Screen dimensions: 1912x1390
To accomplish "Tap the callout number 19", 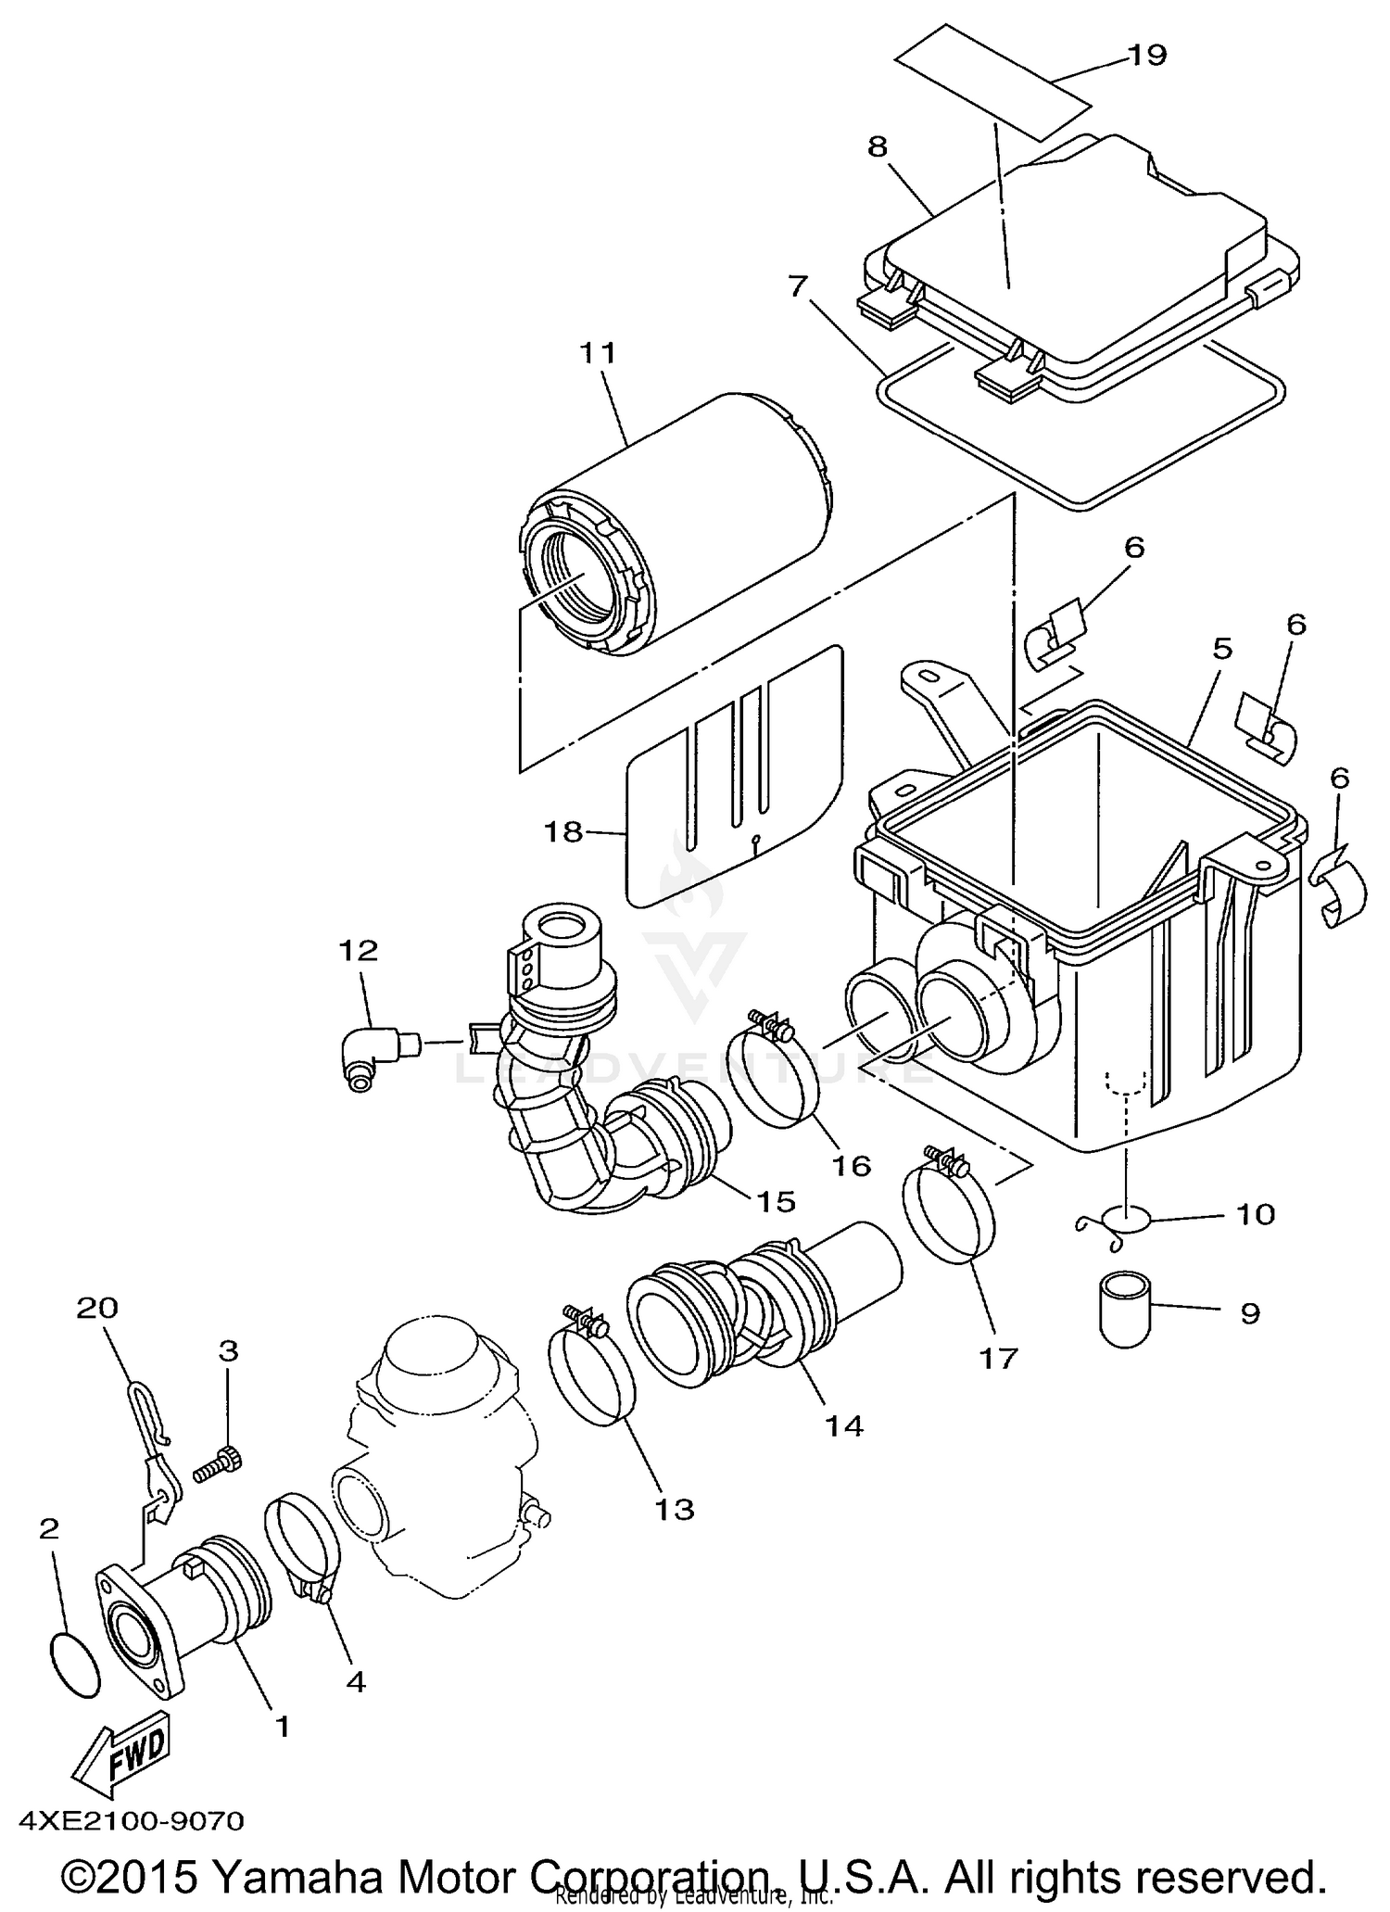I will click(x=1147, y=56).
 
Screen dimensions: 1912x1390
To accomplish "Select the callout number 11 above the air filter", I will click(x=598, y=353).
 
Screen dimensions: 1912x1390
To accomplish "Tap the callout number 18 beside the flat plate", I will click(x=563, y=831).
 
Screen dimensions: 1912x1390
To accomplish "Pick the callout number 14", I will click(x=845, y=1425).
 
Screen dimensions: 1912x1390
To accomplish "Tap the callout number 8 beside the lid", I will click(x=877, y=146).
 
